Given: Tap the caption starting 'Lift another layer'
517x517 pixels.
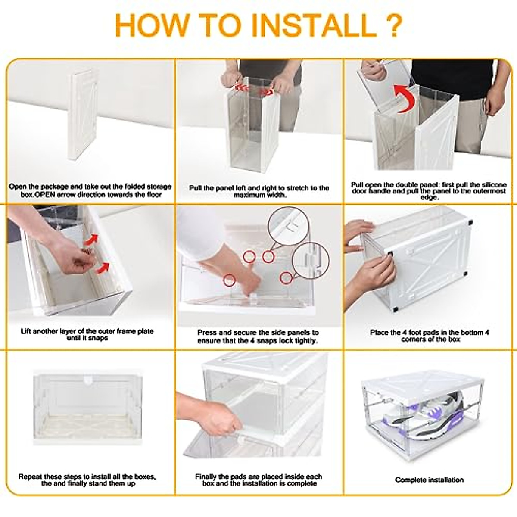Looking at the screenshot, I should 87,335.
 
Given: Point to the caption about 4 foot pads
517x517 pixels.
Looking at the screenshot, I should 429,336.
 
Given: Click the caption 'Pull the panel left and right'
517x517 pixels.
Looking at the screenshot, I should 259,191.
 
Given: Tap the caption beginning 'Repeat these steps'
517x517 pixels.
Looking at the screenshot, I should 87,480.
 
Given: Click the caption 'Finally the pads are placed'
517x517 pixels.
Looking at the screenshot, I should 259,480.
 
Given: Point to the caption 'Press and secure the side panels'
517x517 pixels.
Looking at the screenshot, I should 258,336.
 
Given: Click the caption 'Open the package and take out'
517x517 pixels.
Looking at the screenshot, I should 90,190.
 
